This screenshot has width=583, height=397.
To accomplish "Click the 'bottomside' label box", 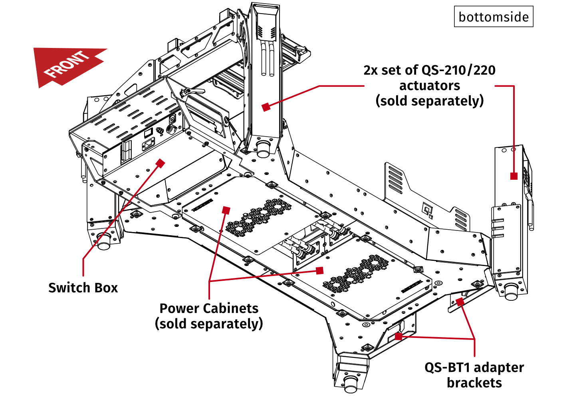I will coord(494,17).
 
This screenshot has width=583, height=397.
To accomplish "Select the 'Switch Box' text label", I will coord(83,288).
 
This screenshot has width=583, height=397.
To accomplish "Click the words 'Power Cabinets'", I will coord(209,308).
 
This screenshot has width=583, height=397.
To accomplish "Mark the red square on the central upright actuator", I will coord(266,107).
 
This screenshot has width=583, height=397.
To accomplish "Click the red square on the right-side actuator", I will coord(514,176).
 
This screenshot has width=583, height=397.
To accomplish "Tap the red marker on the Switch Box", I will coord(161,163).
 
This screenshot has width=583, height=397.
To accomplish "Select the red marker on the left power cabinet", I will coord(226,210).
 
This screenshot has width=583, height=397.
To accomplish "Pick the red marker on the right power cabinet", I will coord(319,270).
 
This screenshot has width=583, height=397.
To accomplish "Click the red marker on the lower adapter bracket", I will coord(398,336).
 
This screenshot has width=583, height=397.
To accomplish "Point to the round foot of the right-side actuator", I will coord(511,292).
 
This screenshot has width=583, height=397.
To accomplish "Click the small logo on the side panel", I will coord(428,209).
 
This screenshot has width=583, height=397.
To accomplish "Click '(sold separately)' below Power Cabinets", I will coord(209,324).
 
